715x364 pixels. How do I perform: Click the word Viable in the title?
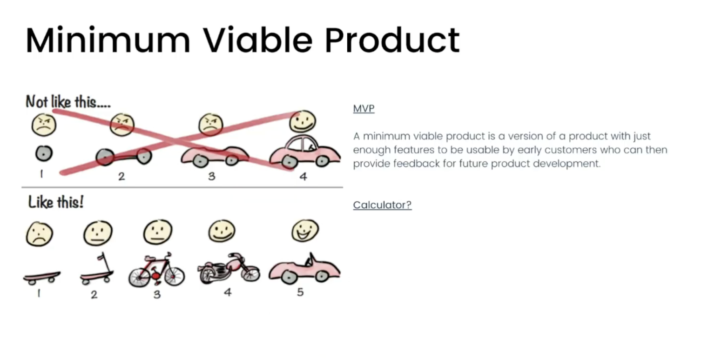[x=257, y=40]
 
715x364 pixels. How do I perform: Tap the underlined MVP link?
[x=364, y=109]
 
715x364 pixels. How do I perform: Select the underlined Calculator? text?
[x=382, y=205]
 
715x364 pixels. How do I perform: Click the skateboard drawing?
[x=42, y=278]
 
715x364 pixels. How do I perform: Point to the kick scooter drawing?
[x=97, y=269]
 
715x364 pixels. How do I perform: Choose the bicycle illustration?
[x=156, y=270]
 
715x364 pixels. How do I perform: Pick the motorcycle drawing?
[x=229, y=268]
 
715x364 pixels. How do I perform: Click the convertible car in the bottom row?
[x=304, y=268]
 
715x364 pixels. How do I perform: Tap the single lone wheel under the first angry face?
[x=44, y=153]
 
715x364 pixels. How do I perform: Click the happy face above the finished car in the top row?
[x=303, y=121]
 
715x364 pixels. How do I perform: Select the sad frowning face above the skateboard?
[x=39, y=234]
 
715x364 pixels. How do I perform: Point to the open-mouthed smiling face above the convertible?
[x=305, y=230]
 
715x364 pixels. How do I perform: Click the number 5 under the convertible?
[x=300, y=292]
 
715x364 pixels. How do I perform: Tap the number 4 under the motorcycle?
[x=228, y=292]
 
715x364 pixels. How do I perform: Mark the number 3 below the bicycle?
[x=157, y=294]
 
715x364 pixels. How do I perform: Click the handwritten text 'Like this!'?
[x=56, y=202]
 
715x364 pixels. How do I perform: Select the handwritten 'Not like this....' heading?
[x=68, y=102]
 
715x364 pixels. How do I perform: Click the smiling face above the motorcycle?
[x=222, y=231]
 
